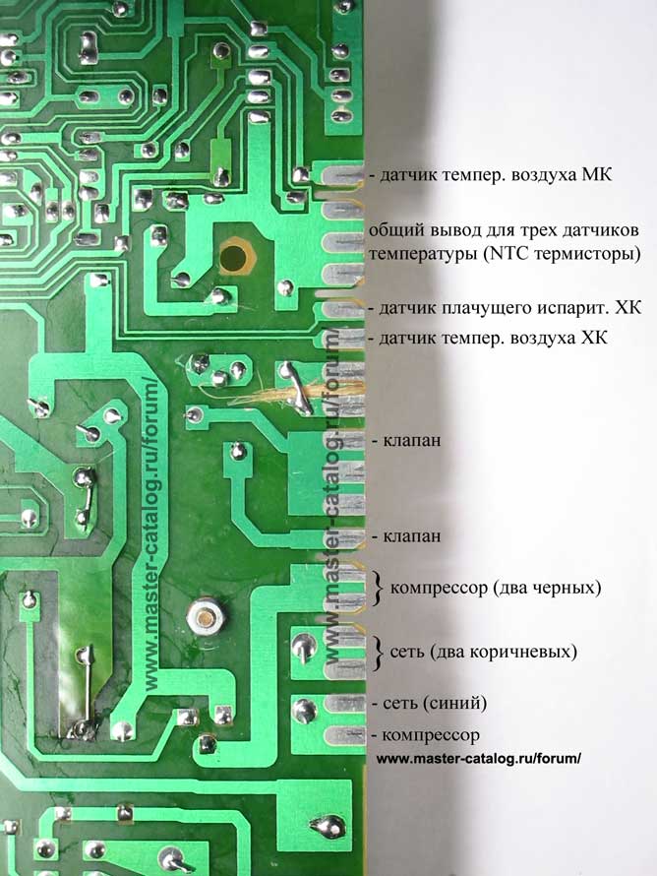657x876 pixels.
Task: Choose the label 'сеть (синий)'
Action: (434, 704)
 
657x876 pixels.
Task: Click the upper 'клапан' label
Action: (409, 441)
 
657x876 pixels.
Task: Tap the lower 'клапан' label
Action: (409, 536)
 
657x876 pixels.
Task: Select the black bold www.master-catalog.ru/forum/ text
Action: (479, 759)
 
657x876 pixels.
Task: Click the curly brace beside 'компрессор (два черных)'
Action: (378, 588)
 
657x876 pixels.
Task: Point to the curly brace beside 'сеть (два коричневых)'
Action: (378, 652)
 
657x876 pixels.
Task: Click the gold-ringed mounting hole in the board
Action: (234, 258)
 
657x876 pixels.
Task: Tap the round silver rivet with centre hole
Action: (203, 617)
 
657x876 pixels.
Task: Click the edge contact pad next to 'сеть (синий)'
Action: (344, 704)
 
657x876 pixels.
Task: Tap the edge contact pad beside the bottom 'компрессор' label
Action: (344, 735)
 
